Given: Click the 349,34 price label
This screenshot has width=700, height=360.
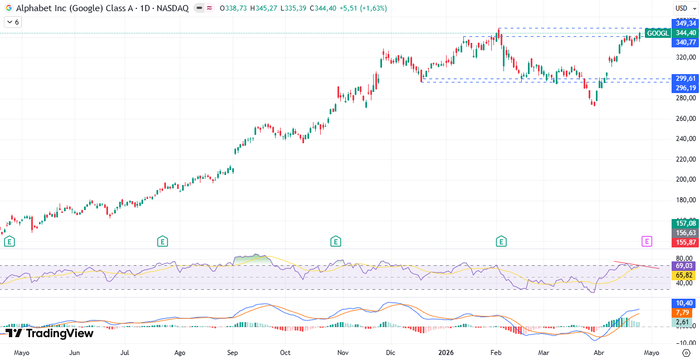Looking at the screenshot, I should (684, 23).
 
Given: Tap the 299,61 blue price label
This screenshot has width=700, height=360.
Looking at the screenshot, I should (684, 79).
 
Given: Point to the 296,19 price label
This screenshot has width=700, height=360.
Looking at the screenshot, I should (684, 88).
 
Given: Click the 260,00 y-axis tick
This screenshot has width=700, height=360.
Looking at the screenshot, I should (685, 119).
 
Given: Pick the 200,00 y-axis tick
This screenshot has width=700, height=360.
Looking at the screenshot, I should (685, 179).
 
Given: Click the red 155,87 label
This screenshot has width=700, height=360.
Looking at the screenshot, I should (684, 242).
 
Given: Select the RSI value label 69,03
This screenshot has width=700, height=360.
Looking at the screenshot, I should (684, 266).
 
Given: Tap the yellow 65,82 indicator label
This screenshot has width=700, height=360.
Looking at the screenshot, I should (684, 275).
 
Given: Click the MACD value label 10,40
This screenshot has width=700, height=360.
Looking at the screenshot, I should (684, 303).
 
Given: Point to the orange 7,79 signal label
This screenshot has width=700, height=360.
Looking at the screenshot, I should (684, 313).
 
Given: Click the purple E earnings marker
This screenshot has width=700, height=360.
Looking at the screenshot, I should (647, 241).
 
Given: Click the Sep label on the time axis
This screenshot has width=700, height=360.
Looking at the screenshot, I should (233, 353).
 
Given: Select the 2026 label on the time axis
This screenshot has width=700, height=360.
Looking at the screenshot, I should (447, 353).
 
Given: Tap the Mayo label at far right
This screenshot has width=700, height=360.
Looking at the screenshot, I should (652, 353).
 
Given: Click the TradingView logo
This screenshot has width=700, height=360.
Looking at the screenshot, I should (49, 333).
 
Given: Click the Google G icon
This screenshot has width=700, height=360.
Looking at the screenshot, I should (8, 8).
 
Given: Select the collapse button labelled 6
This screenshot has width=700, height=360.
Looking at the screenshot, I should (13, 22).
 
